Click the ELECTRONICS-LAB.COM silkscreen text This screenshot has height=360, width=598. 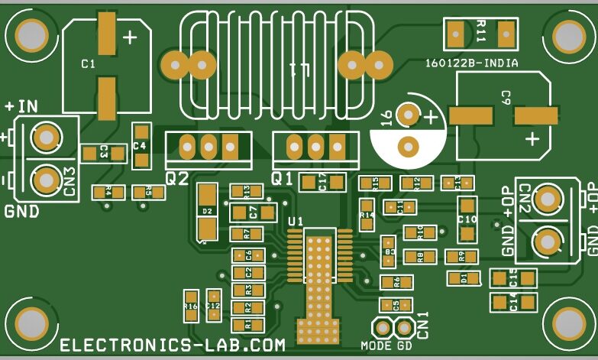173,345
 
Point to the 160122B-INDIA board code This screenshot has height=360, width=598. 471,64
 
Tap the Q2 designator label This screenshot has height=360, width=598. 177,179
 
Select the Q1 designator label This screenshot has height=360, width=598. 283,179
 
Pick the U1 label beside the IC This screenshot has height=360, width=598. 296,222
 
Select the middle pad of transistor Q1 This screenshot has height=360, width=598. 315,144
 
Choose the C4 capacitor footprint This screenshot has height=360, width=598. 141,145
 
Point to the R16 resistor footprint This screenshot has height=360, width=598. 190,306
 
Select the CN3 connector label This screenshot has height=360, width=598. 69,182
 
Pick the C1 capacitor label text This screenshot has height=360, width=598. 89,65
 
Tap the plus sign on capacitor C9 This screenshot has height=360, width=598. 532,139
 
